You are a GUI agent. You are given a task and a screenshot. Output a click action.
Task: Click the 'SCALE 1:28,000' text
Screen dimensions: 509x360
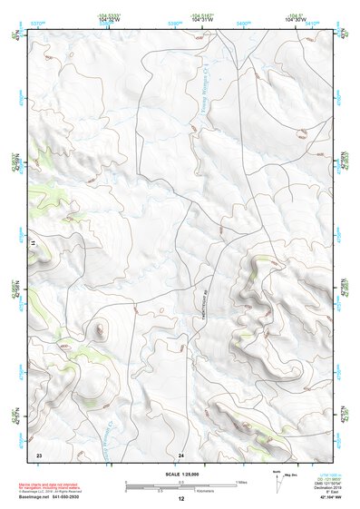pos(180,474)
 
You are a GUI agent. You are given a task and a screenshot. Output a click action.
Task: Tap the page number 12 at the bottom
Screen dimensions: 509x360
pos(180,499)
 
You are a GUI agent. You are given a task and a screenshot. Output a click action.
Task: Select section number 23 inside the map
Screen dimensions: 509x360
pos(39,454)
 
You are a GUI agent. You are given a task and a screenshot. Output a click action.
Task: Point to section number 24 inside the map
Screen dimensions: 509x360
pos(181,454)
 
